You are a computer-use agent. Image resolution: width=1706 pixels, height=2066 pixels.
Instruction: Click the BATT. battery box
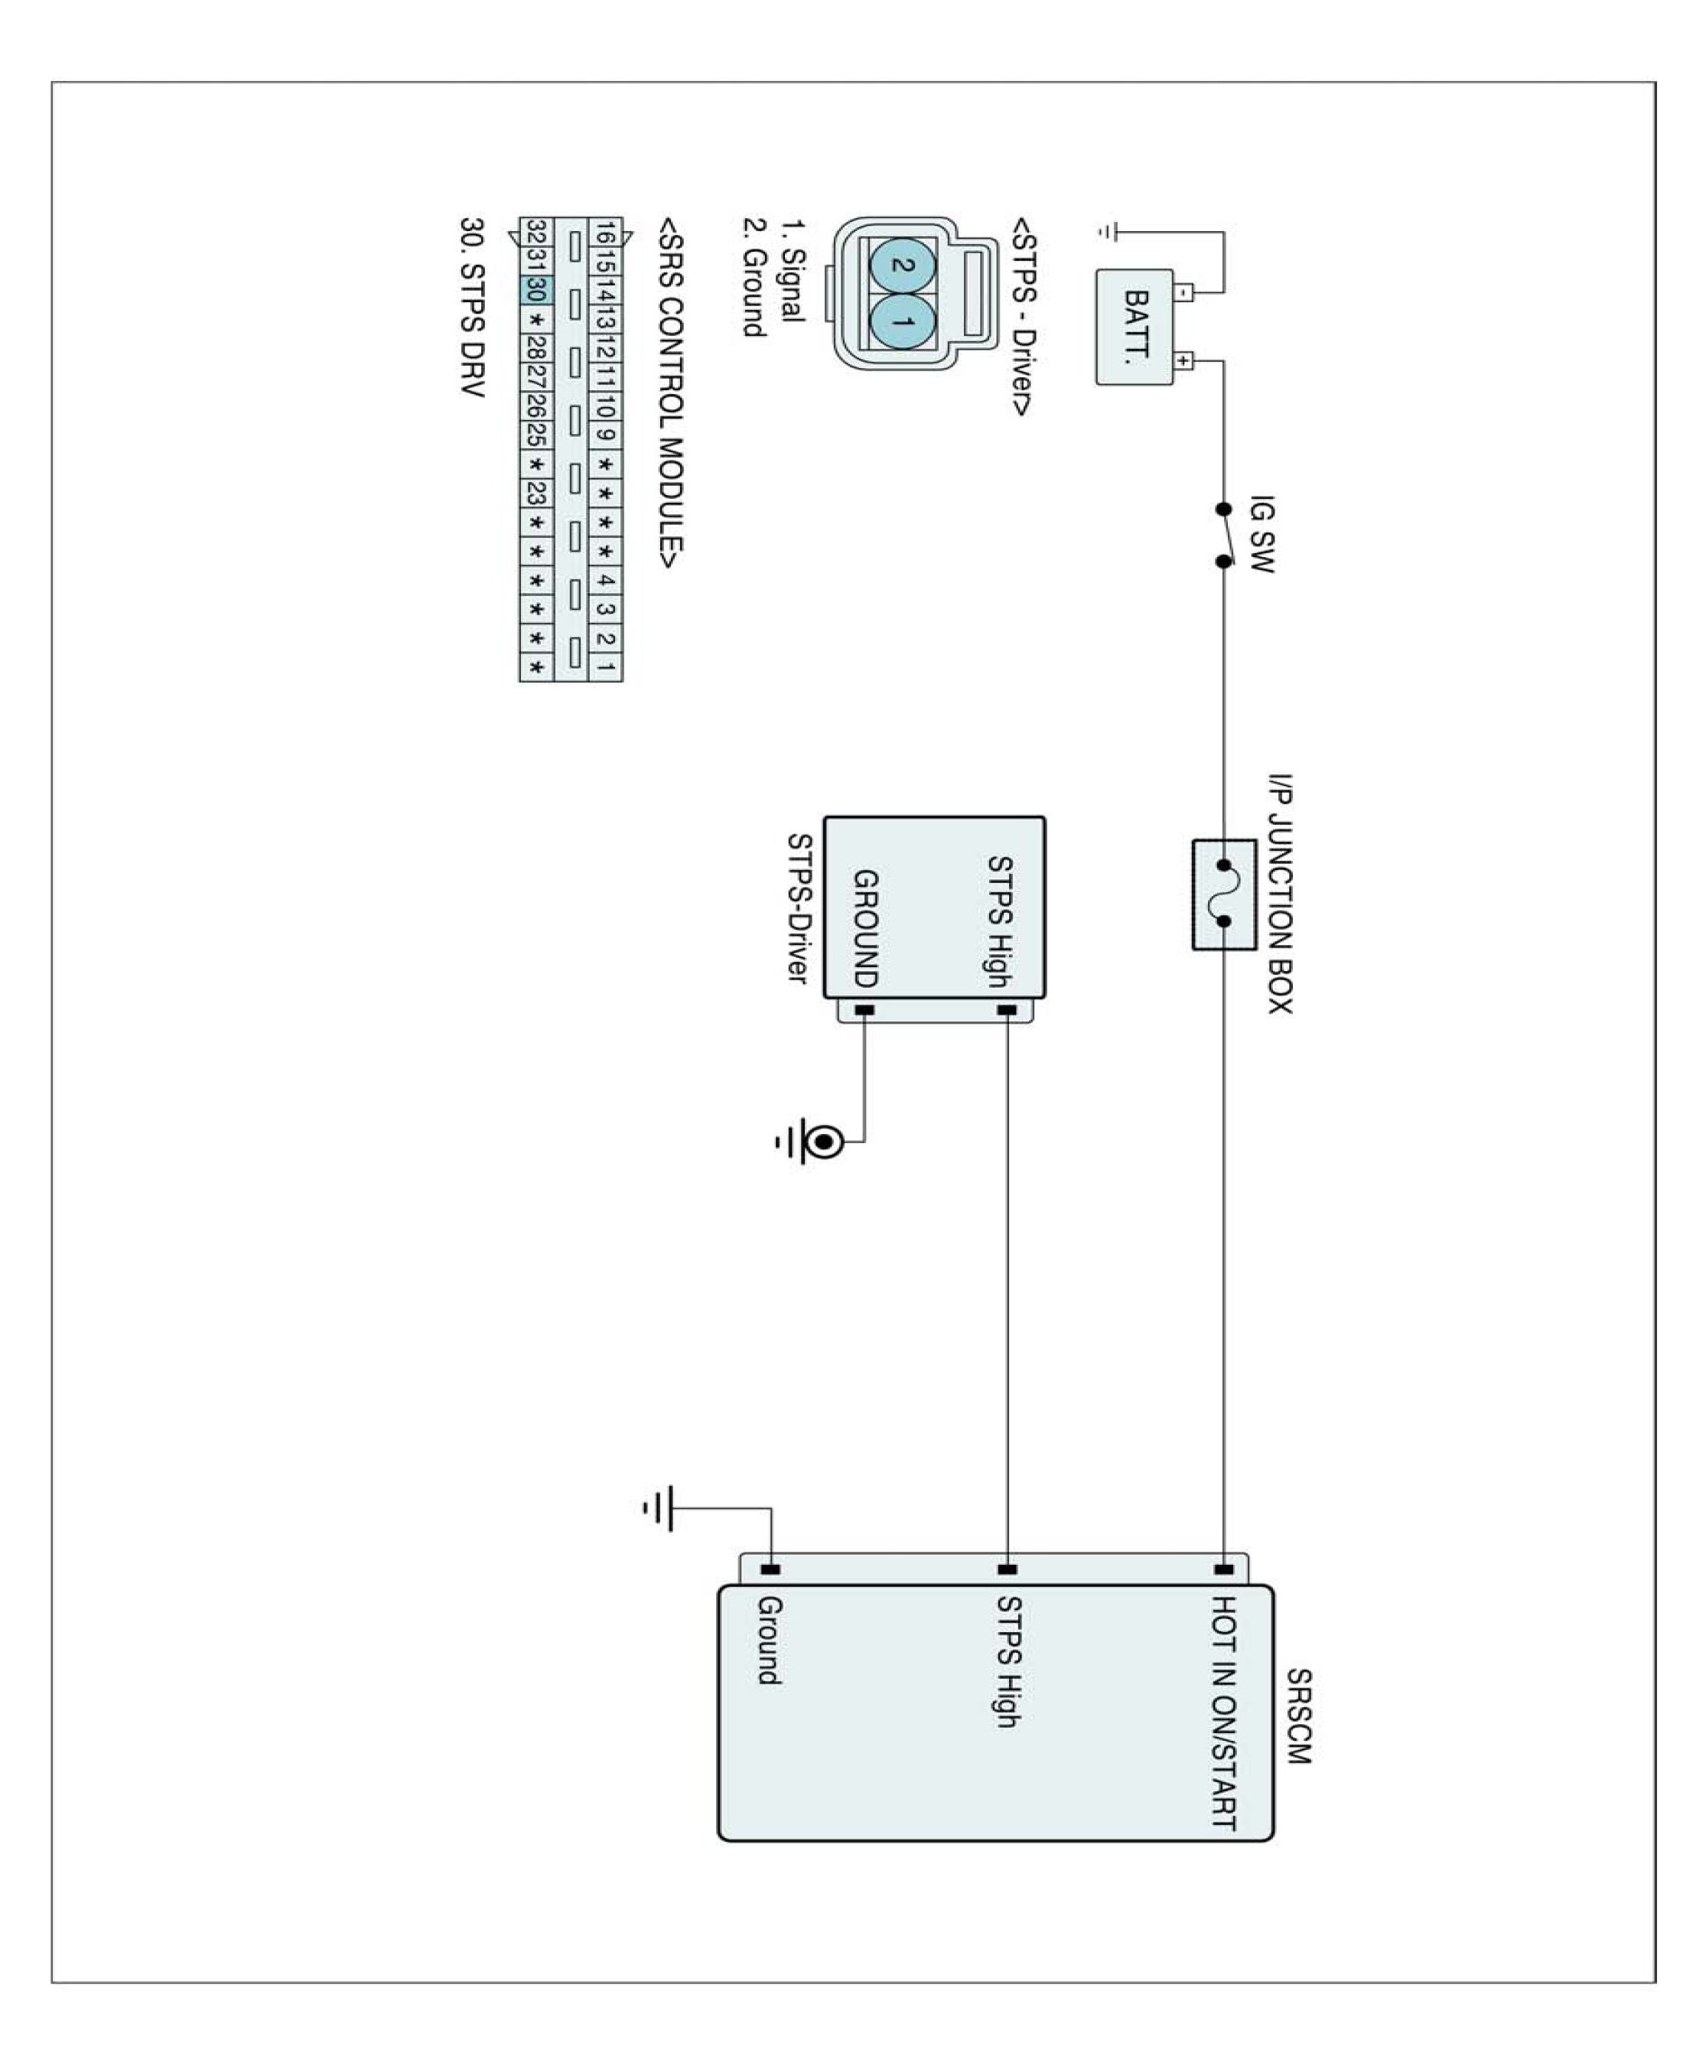click(x=1135, y=327)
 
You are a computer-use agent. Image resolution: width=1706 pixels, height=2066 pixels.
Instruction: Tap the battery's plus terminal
click(x=1184, y=360)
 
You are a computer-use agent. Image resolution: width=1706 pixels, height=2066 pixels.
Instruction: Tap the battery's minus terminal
click(x=1184, y=292)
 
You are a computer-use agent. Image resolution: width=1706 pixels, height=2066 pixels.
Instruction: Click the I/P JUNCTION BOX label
click(x=1278, y=894)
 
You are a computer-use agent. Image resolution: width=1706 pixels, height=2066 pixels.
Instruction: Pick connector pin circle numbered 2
click(x=902, y=266)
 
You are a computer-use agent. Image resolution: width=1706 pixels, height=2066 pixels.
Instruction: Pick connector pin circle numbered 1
click(x=902, y=322)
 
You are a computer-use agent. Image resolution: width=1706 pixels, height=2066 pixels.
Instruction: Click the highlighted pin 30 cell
click(x=536, y=290)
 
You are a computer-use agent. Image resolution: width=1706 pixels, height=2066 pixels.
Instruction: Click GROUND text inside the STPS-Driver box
click(x=864, y=928)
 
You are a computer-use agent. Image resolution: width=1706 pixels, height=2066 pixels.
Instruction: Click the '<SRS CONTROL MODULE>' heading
click(x=671, y=393)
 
